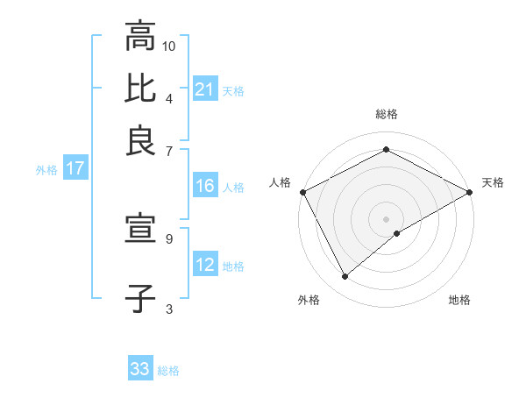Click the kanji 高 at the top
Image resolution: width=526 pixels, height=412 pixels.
point(139,39)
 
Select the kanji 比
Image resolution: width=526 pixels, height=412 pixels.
point(139,89)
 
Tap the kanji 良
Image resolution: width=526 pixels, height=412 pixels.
point(139,140)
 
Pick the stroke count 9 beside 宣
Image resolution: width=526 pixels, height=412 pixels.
point(169,238)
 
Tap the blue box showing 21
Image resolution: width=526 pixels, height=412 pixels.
point(205,89)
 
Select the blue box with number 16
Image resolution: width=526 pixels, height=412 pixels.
point(205,186)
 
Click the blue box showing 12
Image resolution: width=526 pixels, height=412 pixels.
point(205,265)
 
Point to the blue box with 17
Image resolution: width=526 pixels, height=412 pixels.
point(75,169)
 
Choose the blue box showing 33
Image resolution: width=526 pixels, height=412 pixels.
point(140,369)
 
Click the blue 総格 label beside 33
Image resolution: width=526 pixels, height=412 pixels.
point(168,371)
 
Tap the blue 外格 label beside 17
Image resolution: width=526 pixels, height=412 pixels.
point(46,170)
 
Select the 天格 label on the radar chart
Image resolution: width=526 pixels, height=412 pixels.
point(493,182)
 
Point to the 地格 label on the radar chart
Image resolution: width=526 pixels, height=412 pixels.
point(459,301)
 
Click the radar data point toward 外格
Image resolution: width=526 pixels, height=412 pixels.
point(345,277)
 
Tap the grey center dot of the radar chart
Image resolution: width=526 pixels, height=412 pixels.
point(387,219)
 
